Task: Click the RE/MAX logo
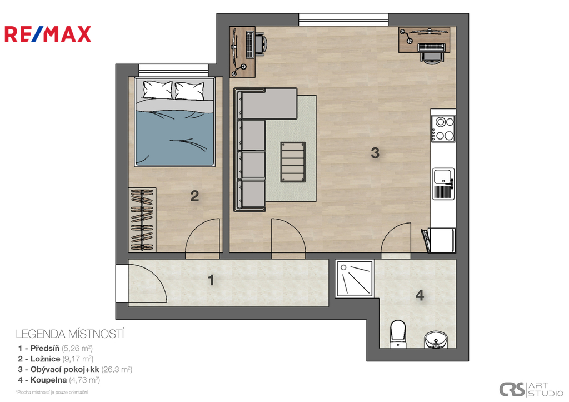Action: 48,34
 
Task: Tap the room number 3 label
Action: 375,153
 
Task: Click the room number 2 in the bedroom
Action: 194,196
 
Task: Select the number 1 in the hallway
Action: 211,280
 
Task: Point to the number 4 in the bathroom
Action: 420,295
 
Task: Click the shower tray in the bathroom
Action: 355,278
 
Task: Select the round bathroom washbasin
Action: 436,340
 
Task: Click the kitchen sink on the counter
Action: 443,183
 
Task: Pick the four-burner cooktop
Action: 443,128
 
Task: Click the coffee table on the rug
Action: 292,162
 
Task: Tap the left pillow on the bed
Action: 157,90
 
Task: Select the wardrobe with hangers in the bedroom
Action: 142,220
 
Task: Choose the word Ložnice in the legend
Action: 45,359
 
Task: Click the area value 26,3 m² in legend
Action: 117,369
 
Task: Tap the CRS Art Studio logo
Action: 531,389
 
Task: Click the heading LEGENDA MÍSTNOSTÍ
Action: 70,334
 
